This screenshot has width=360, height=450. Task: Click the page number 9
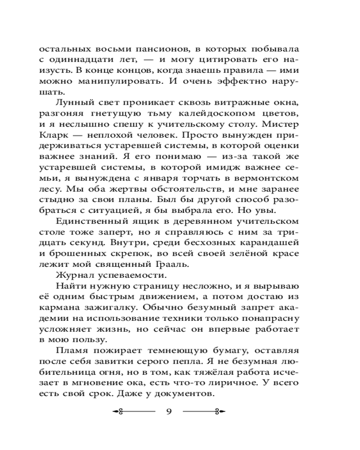pyautogui.click(x=169, y=411)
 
